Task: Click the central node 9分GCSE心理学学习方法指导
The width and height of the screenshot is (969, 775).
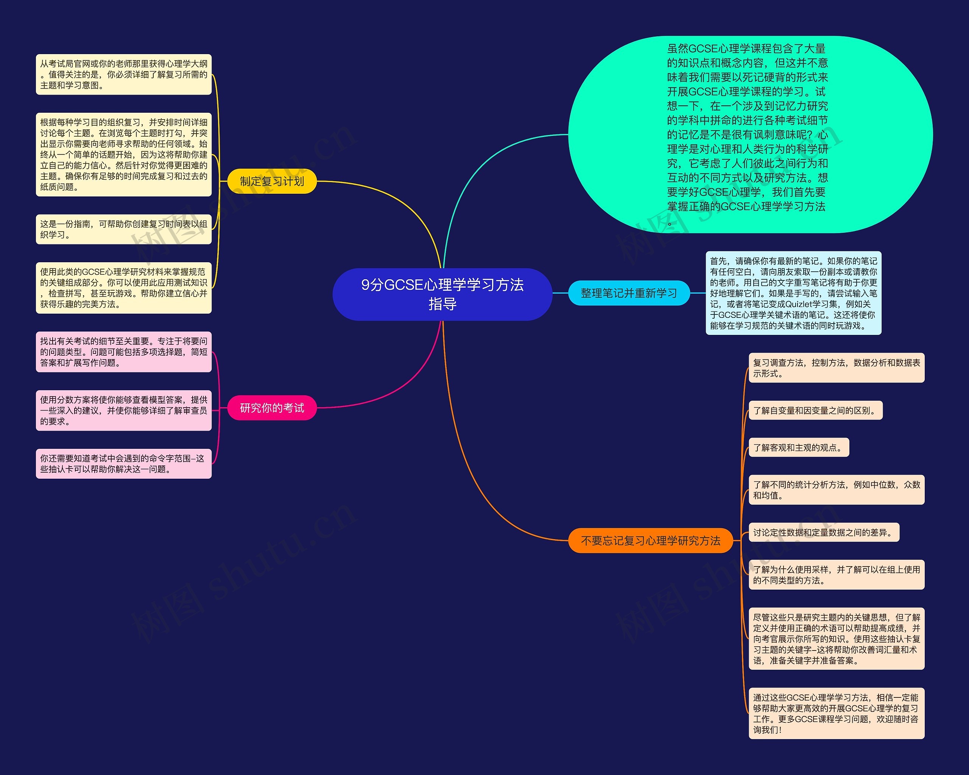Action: point(442,294)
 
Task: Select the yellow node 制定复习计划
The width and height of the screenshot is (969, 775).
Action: point(272,181)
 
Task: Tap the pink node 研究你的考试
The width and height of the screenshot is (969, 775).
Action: point(272,408)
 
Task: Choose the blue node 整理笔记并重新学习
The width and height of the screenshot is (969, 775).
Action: point(629,293)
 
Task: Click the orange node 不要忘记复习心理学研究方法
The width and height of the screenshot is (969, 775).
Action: point(650,540)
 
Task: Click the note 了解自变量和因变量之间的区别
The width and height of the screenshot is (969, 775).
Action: point(815,411)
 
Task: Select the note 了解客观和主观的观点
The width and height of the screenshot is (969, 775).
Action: point(798,447)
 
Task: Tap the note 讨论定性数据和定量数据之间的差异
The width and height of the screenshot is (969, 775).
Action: point(823,532)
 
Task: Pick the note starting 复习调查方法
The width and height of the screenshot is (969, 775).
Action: point(837,368)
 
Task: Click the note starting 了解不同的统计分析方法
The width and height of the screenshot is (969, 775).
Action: point(837,490)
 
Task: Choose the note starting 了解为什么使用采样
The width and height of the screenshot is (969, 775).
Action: point(837,574)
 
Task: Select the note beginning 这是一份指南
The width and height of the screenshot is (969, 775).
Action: point(124,229)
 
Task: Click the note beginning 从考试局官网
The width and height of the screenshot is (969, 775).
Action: point(124,75)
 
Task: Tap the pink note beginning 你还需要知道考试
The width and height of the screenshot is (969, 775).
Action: point(124,464)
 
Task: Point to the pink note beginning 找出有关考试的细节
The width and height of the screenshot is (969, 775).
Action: point(124,352)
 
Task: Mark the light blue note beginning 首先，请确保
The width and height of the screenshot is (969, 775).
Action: point(793,293)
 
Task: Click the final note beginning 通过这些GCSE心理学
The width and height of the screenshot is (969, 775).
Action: point(837,713)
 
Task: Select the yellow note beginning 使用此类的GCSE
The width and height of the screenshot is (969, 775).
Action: point(124,288)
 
